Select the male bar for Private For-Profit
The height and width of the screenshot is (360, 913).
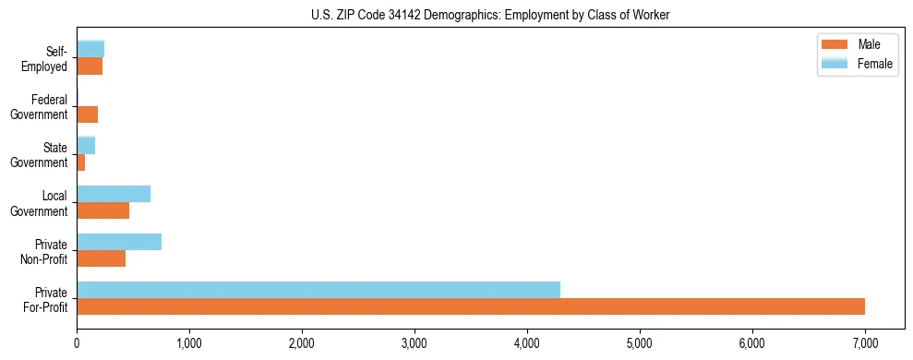471,306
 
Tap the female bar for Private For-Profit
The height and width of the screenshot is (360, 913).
318,290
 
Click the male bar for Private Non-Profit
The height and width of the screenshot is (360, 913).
101,258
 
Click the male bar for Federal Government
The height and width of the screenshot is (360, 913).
87,114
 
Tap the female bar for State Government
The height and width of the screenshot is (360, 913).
86,146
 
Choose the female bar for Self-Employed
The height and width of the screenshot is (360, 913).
90,49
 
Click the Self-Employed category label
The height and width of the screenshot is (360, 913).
48,58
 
